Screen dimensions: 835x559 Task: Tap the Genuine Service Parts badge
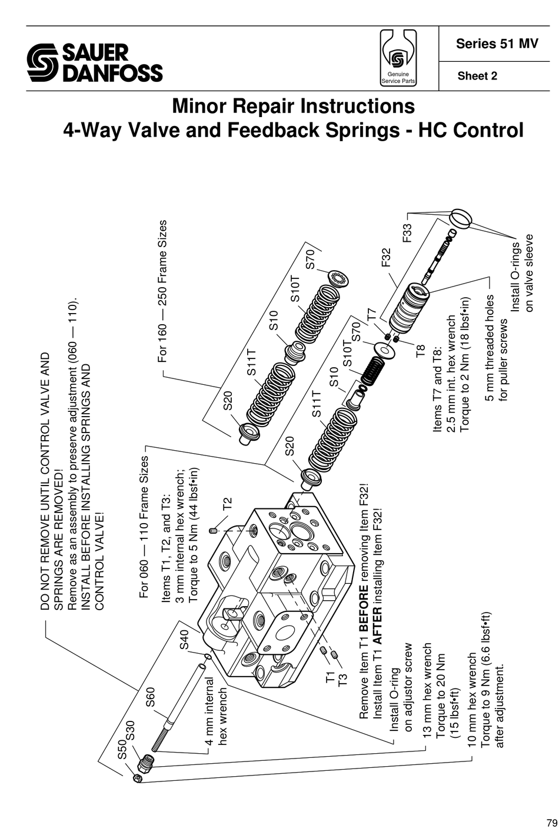click(x=398, y=59)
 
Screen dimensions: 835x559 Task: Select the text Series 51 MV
click(x=497, y=44)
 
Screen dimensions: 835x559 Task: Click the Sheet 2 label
click(x=477, y=76)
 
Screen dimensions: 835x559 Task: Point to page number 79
click(x=550, y=823)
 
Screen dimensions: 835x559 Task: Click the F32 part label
click(x=385, y=258)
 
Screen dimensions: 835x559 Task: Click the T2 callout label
click(x=227, y=504)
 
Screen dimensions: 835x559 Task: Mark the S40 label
click(x=184, y=640)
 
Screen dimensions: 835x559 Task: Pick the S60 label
click(x=150, y=697)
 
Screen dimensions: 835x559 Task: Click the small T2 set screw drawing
click(x=214, y=530)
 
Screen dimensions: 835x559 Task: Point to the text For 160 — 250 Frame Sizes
click(x=163, y=291)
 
